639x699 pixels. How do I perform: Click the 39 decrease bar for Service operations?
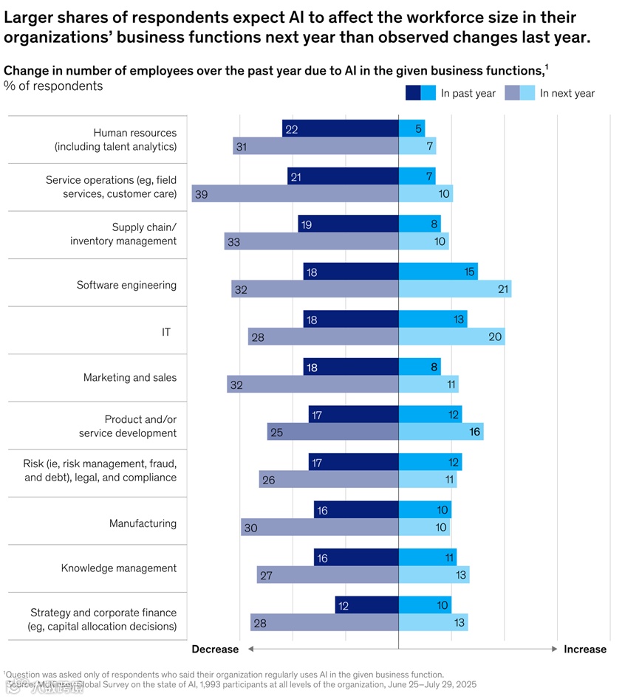295,193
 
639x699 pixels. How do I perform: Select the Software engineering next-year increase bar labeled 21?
454,289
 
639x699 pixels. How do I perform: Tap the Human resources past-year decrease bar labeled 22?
340,128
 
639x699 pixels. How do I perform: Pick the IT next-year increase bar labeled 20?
451,337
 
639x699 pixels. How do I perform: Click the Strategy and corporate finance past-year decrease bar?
366,606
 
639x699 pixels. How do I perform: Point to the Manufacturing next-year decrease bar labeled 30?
319,527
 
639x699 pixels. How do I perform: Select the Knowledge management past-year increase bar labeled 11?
428,558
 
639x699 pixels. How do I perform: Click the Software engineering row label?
126,285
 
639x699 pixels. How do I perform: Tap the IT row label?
166,332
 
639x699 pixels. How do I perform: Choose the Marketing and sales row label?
130,377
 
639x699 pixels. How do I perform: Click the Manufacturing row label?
143,523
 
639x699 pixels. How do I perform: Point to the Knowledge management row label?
118,568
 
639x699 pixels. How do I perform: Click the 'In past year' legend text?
468,93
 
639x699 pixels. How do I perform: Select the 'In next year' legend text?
567,93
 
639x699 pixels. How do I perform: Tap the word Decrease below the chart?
215,650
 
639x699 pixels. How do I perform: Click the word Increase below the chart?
584,650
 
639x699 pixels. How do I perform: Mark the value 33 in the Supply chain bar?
233,242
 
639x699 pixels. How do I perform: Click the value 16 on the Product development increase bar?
475,432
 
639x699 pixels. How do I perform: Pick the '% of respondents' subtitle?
53,86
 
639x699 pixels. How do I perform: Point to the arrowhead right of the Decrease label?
251,650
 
